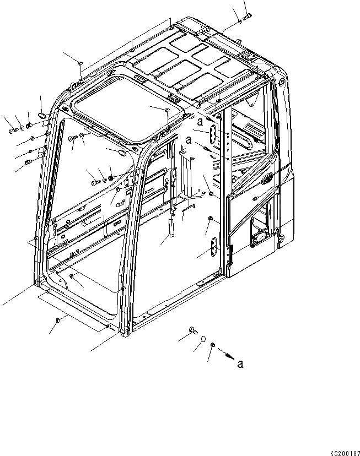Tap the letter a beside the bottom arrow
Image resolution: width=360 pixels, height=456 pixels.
coord(239,363)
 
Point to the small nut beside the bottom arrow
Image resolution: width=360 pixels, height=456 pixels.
coord(213,345)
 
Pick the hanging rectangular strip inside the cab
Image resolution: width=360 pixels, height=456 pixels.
coord(170,226)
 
